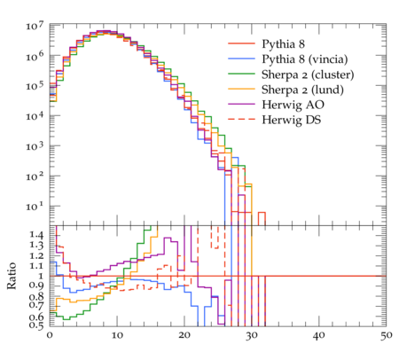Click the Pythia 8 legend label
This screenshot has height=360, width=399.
pyautogui.click(x=283, y=44)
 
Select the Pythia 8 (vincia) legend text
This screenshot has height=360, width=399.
pyautogui.click(x=305, y=59)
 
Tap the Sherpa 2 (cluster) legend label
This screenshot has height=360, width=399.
pyautogui.click(x=308, y=74)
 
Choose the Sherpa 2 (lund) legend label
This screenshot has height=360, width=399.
pyautogui.click(x=302, y=90)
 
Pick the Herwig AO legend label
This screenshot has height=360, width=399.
pyautogui.click(x=293, y=105)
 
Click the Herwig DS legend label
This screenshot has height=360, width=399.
pyautogui.click(x=292, y=120)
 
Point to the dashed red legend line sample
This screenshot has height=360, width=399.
pyautogui.click(x=241, y=119)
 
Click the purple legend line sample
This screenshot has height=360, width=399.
pyautogui.click(x=241, y=104)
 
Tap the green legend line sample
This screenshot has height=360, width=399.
pyautogui.click(x=241, y=74)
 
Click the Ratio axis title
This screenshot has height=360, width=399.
pyautogui.click(x=12, y=276)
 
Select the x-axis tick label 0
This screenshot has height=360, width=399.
pyautogui.click(x=50, y=335)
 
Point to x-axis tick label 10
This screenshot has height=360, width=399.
pyautogui.click(x=117, y=335)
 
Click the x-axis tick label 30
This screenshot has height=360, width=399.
pyautogui.click(x=252, y=335)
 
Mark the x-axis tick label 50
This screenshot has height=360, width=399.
pyautogui.click(x=387, y=335)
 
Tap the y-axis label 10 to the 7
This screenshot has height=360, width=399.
pyautogui.click(x=35, y=26)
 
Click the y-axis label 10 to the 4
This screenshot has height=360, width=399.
pyautogui.click(x=35, y=116)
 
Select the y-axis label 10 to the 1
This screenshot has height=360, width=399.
pyautogui.click(x=35, y=207)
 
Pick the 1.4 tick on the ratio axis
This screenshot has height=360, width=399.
pyautogui.click(x=36, y=235)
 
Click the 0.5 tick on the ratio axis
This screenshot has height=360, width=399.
pyautogui.click(x=36, y=325)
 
